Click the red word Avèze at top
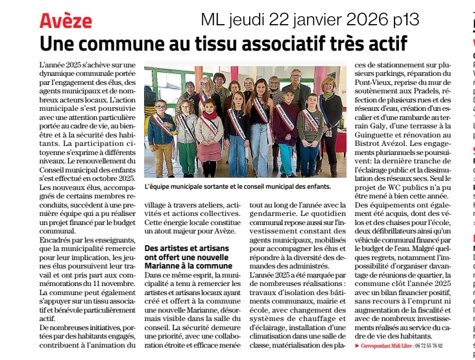(x=66, y=21)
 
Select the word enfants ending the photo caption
(x=314, y=186)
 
